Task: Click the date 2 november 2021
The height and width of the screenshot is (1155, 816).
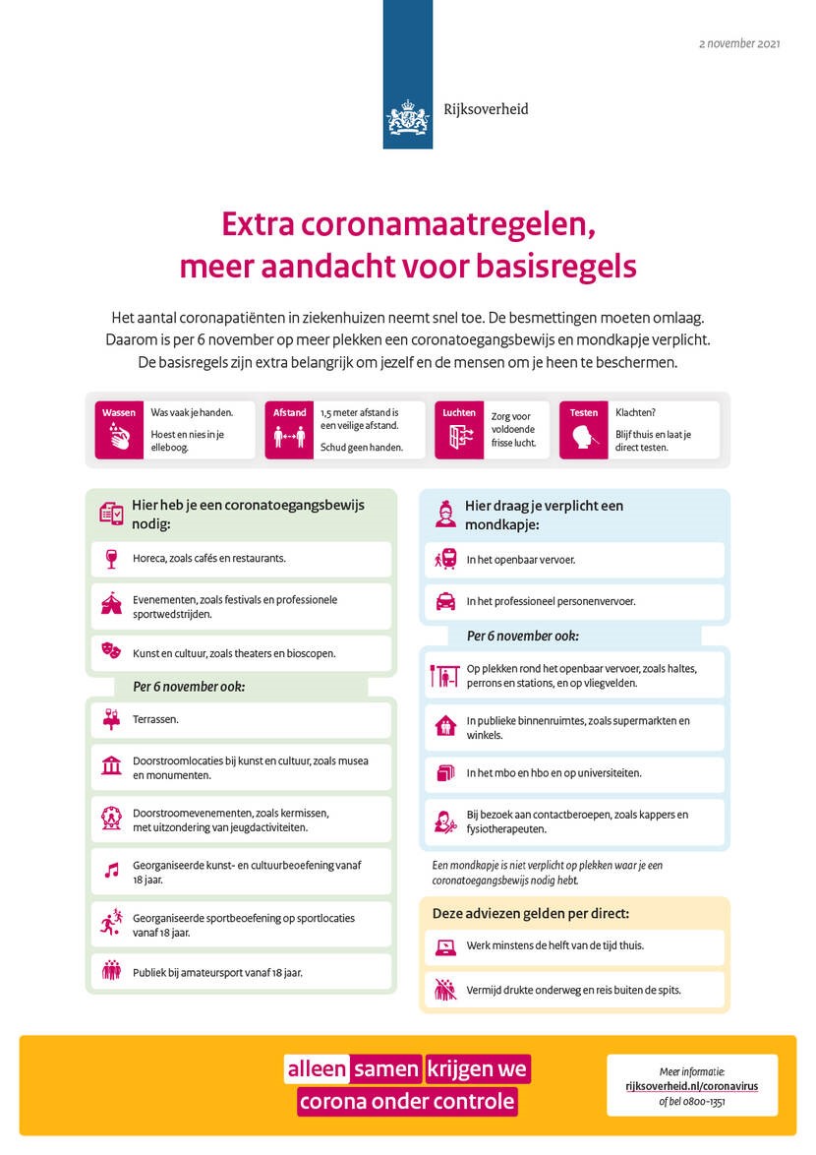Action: point(739,44)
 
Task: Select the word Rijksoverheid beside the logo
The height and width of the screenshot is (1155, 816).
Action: point(485,109)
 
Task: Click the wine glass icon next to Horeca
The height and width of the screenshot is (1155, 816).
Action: point(110,559)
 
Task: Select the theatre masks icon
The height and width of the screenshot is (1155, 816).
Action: point(110,652)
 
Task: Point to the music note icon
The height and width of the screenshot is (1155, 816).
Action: point(110,871)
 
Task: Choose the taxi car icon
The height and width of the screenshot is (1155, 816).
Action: point(444,601)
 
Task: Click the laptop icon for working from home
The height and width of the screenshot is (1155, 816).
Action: point(444,946)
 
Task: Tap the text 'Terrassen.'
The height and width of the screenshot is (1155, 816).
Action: point(155,720)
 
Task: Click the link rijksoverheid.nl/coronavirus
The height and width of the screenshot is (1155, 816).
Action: point(691,1086)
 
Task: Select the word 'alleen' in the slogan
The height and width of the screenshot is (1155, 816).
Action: point(317,1069)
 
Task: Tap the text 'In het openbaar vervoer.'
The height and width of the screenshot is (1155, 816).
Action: point(521,560)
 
